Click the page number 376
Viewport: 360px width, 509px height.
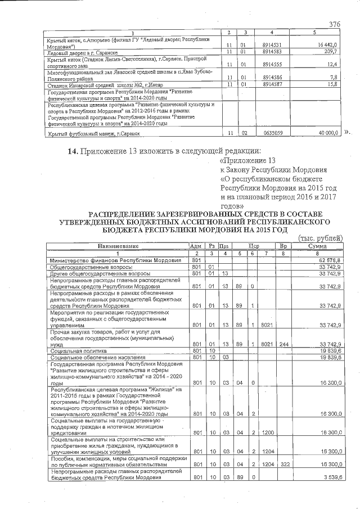click(x=335, y=24)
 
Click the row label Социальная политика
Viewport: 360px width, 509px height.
click(x=79, y=351)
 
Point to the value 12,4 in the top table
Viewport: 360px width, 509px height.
click(x=331, y=64)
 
